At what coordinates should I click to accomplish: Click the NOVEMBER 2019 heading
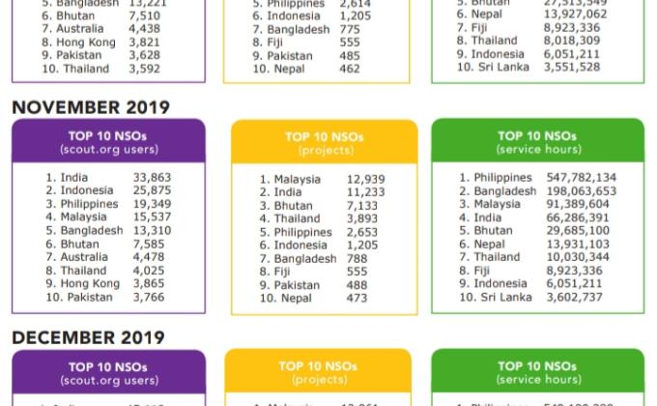[90, 107]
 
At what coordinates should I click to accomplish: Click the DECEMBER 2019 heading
[88, 337]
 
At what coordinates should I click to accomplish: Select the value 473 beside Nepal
[357, 299]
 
